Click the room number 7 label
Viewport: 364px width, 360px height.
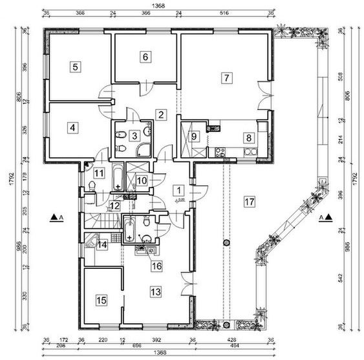click(x=226, y=78)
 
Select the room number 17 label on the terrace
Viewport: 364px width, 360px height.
click(x=250, y=201)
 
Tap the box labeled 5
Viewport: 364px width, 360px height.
click(x=75, y=66)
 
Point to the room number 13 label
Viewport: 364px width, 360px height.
click(x=155, y=292)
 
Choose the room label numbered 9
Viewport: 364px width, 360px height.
click(x=194, y=136)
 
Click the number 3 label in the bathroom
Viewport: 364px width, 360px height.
click(x=134, y=136)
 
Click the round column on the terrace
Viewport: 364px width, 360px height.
click(x=226, y=242)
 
